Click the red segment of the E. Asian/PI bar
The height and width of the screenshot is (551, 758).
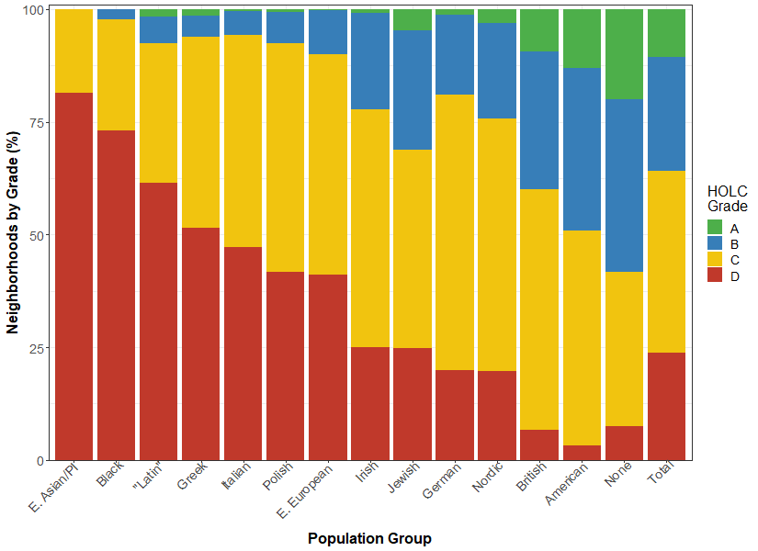(73, 275)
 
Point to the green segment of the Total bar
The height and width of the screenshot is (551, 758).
(666, 33)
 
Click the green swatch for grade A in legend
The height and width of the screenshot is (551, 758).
(715, 227)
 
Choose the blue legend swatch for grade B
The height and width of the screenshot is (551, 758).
(715, 243)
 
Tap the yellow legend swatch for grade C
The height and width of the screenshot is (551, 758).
(715, 260)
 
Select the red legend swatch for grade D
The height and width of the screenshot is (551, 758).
(715, 276)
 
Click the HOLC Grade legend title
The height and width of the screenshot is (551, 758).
(728, 199)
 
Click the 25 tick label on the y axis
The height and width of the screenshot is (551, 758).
(35, 348)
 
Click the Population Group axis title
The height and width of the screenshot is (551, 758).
(369, 538)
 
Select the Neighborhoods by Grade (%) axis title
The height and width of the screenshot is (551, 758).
(14, 234)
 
